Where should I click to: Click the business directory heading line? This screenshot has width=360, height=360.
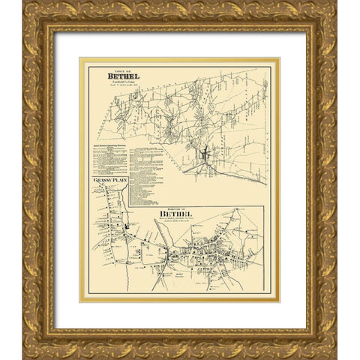(112, 140)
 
